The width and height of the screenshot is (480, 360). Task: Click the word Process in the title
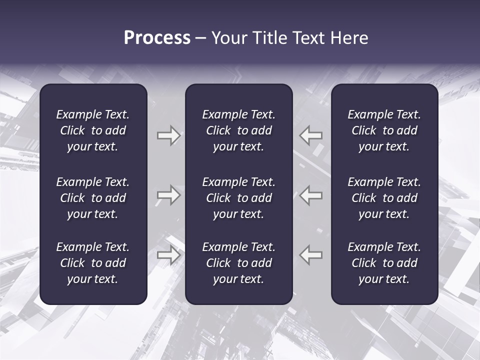point(157,38)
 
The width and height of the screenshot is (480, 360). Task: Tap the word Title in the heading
point(270,38)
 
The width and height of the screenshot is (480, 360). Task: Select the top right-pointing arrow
point(168,135)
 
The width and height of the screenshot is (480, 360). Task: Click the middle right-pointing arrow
point(168,195)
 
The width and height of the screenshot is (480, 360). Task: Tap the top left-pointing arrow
point(311,135)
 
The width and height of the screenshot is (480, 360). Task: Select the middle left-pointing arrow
point(311,195)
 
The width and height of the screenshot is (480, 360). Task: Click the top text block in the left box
point(93,130)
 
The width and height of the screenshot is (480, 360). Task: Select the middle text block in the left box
point(93,198)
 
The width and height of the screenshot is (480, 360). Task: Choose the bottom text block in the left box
point(93,263)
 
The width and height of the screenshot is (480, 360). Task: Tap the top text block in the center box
point(238,130)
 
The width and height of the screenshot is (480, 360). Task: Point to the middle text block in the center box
point(238,198)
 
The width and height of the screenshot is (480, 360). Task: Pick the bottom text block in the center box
point(238,263)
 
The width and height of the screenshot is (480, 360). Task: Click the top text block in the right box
point(384,130)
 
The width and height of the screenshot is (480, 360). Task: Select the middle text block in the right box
point(384,198)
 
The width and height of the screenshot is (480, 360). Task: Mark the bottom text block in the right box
point(384,263)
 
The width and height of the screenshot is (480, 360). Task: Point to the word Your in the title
point(229,38)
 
